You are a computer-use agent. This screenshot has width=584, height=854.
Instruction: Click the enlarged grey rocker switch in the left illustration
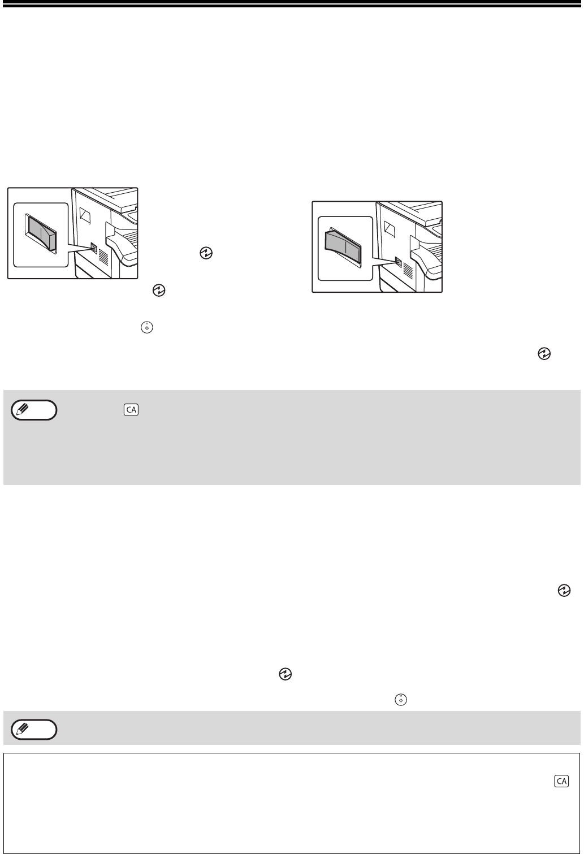[x=41, y=232]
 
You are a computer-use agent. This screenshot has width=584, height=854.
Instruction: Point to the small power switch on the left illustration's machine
[x=94, y=248]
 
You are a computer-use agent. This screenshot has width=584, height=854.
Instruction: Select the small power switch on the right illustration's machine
[x=398, y=262]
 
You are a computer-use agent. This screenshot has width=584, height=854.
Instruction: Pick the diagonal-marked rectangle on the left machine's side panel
[x=85, y=215]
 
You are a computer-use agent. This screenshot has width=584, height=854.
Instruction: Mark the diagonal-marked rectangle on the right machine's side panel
[x=390, y=229]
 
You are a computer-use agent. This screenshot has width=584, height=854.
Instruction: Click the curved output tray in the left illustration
[x=122, y=250]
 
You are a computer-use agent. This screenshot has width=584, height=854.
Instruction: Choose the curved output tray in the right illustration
[x=426, y=263]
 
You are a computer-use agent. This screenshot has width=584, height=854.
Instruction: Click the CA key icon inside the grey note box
[x=131, y=410]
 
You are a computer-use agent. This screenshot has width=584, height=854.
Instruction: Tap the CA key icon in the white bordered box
[x=561, y=781]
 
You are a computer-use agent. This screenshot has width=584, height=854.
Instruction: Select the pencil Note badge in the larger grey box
[x=34, y=410]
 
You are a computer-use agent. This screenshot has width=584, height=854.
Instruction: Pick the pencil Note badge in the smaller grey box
[x=34, y=730]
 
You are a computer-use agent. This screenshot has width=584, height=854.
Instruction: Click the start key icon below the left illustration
[x=147, y=327]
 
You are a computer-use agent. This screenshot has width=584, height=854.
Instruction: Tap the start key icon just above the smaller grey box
[x=401, y=700]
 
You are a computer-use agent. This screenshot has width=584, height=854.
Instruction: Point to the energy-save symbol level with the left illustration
[x=206, y=254]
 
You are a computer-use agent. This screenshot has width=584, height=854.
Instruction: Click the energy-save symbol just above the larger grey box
[x=544, y=354]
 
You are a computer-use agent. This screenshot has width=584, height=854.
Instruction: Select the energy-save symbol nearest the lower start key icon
[x=285, y=674]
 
